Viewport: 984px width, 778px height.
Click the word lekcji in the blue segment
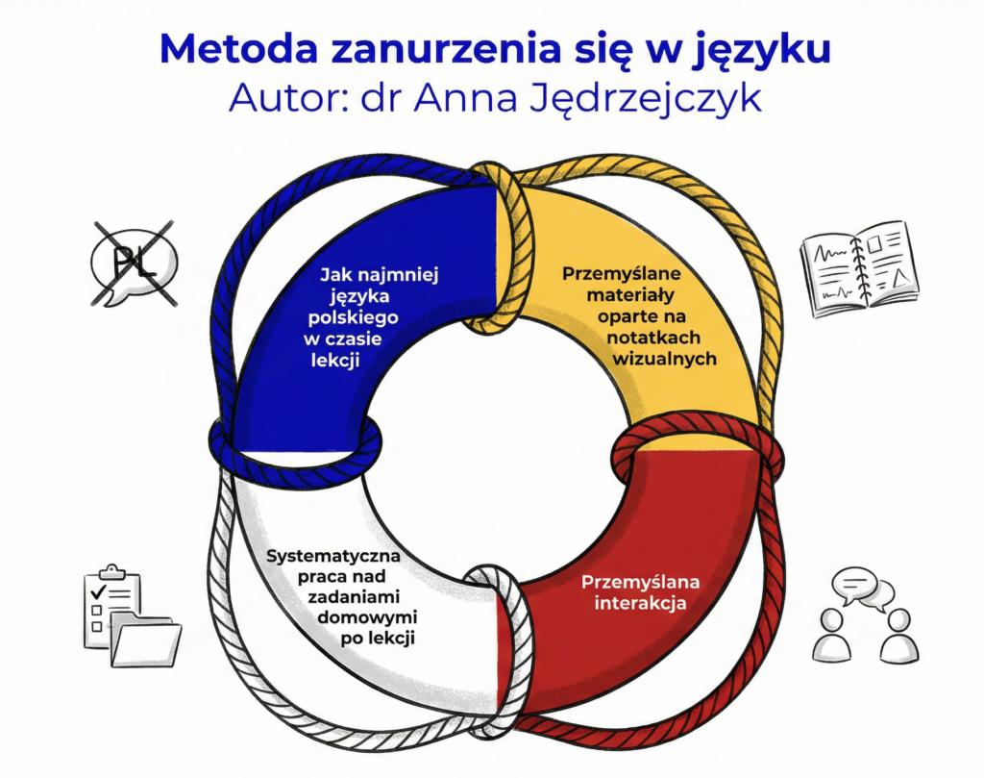350,361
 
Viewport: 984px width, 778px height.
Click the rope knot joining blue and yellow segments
497,247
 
